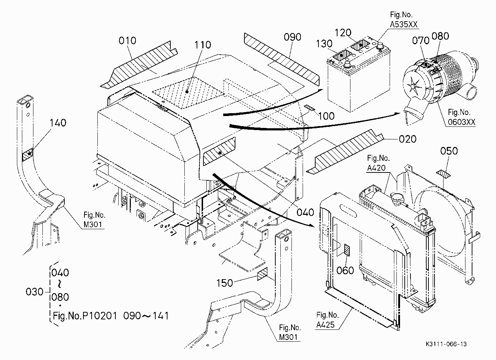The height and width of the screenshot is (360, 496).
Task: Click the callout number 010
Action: click(x=127, y=41)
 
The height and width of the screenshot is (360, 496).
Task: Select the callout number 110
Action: click(x=203, y=45)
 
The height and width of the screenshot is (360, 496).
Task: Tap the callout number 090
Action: click(x=292, y=37)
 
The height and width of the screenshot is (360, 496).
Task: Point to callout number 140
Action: click(x=58, y=123)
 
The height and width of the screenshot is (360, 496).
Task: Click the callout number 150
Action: click(x=225, y=283)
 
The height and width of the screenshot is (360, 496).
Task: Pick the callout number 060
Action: click(x=345, y=271)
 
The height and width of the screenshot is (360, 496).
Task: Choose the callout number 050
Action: click(x=449, y=151)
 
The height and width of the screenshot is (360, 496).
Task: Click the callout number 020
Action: click(x=408, y=139)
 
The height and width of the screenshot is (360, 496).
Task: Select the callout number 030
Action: click(x=35, y=292)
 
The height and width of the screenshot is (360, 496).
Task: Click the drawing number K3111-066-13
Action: click(x=446, y=344)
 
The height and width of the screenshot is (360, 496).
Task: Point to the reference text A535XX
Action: click(x=404, y=24)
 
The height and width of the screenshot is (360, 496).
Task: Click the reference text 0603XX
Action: click(x=461, y=122)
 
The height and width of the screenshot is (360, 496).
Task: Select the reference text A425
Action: click(x=325, y=325)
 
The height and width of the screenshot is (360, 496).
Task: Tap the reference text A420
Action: click(x=376, y=168)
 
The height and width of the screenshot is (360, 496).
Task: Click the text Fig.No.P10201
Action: click(x=85, y=316)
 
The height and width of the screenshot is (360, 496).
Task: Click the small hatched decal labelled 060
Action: click(x=347, y=250)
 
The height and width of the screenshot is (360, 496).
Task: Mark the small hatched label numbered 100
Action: click(x=310, y=108)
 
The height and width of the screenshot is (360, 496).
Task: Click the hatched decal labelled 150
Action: click(x=262, y=274)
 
